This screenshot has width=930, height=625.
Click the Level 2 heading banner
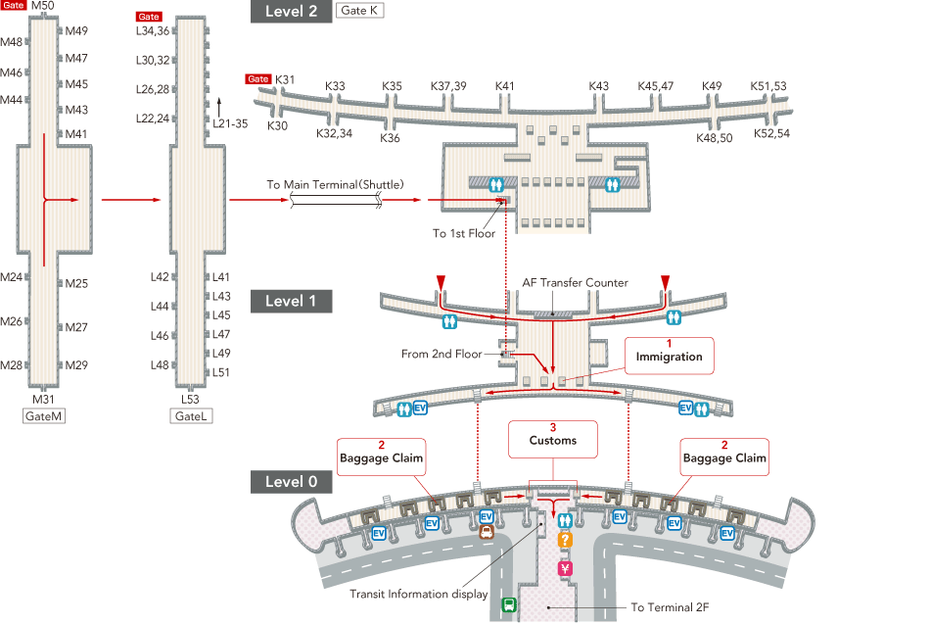(291, 12)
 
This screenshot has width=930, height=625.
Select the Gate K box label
(359, 12)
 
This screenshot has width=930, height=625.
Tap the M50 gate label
(44, 7)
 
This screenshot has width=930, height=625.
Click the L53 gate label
(191, 400)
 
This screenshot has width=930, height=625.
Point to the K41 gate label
(505, 86)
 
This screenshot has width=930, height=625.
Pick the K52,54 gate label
(771, 133)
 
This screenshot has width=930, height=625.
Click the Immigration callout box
(670, 356)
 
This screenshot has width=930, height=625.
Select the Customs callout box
(553, 440)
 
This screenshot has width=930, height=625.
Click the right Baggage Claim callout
(724, 457)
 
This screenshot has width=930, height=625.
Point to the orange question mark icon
(565, 540)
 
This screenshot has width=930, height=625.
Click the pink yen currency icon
(565, 568)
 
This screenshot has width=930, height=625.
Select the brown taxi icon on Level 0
(486, 534)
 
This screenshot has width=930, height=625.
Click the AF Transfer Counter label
(575, 283)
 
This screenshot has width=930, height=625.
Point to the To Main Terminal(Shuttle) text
(335, 184)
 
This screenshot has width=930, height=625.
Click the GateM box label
(44, 416)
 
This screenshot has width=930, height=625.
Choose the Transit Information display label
(419, 594)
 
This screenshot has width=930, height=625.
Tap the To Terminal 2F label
(669, 607)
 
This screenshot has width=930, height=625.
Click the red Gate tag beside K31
(258, 79)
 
